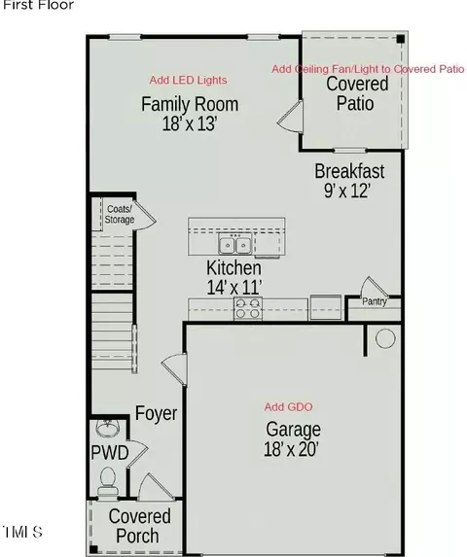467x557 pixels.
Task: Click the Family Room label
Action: [x=190, y=104]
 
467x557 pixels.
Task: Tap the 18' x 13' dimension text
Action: [x=190, y=124]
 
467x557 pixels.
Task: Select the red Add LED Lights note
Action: [x=188, y=80]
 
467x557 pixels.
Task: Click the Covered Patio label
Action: [x=357, y=93]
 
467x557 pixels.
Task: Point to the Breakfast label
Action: [x=349, y=171]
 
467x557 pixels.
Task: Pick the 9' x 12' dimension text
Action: [x=347, y=191]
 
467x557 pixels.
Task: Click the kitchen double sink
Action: [x=234, y=244]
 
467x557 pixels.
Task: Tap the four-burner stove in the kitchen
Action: [x=248, y=308]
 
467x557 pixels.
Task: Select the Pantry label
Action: [x=375, y=301]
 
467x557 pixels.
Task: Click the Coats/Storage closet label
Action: [x=120, y=214]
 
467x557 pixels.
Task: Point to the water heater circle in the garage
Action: [x=385, y=338]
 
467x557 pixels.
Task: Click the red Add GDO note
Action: [x=288, y=406]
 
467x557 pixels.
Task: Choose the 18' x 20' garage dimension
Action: [x=291, y=449]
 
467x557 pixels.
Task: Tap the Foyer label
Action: [x=156, y=413]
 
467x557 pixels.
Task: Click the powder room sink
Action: [x=107, y=429]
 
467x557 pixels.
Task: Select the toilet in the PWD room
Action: [x=107, y=480]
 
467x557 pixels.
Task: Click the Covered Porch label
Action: [x=139, y=526]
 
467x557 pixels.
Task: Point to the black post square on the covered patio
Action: [x=401, y=39]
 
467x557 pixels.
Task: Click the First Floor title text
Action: [x=38, y=5]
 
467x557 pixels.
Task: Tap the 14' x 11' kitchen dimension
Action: [x=234, y=287]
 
